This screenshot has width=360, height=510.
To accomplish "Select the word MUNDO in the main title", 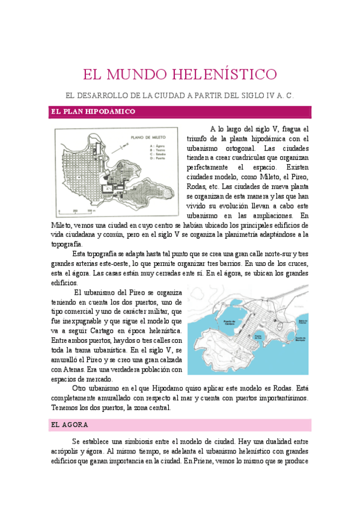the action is click(x=137, y=75).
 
